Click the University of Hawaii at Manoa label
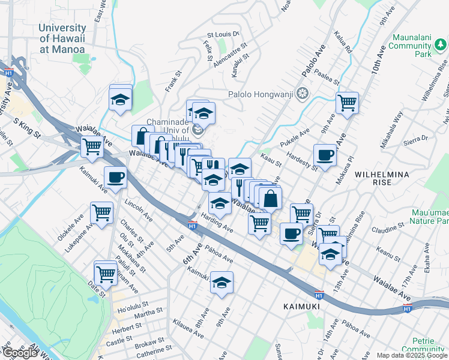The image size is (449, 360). pos(62,39)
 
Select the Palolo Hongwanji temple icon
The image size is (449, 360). pos(304,93)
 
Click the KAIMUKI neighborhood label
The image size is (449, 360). pos(301,307)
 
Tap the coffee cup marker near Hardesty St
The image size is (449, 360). pos(325,155)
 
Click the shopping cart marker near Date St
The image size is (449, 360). pos(106,274)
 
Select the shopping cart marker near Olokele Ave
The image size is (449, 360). pos(101,212)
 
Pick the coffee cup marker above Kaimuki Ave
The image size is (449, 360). pos(115,177)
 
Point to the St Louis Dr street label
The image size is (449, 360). pos(223,35)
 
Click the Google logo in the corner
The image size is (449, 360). pos(20,353)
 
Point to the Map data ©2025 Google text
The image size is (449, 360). pos(412,355)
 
